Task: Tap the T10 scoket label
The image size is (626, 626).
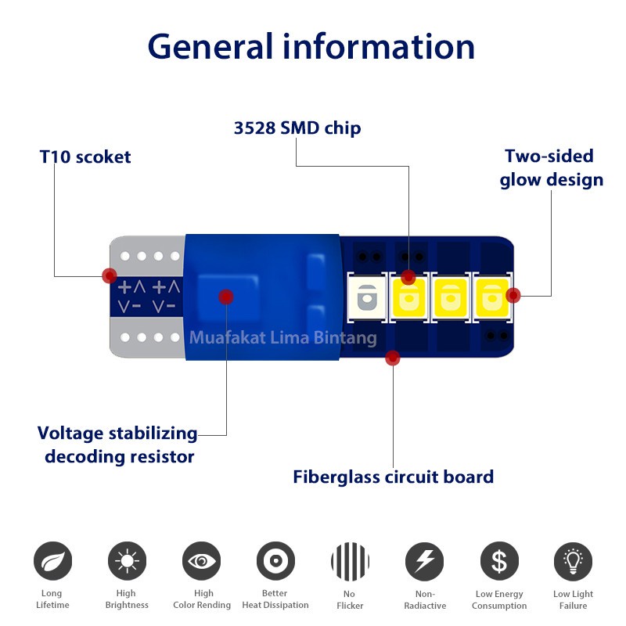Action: click(85, 156)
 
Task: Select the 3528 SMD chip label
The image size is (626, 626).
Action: click(297, 128)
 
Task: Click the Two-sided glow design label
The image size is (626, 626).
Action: click(552, 168)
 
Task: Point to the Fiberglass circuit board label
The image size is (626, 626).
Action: click(393, 477)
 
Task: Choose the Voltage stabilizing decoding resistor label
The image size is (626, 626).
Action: click(118, 444)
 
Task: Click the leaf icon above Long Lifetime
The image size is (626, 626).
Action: click(52, 561)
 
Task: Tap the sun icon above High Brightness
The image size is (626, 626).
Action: click(126, 561)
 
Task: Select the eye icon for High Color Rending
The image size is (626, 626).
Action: click(201, 561)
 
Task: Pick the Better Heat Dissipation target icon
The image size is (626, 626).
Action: click(275, 561)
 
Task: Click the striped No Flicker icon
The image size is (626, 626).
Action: click(350, 561)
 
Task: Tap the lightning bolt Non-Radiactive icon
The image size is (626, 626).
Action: click(424, 561)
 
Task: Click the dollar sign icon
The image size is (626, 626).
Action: click(499, 561)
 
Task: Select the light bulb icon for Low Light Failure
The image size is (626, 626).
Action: click(573, 561)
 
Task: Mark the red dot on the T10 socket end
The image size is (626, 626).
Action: click(110, 275)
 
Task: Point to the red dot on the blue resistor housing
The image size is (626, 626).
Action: click(225, 297)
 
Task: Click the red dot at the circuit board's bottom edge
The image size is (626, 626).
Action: click(393, 358)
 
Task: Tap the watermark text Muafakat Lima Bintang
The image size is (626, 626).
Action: click(282, 338)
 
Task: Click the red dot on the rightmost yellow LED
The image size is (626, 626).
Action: click(513, 295)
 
